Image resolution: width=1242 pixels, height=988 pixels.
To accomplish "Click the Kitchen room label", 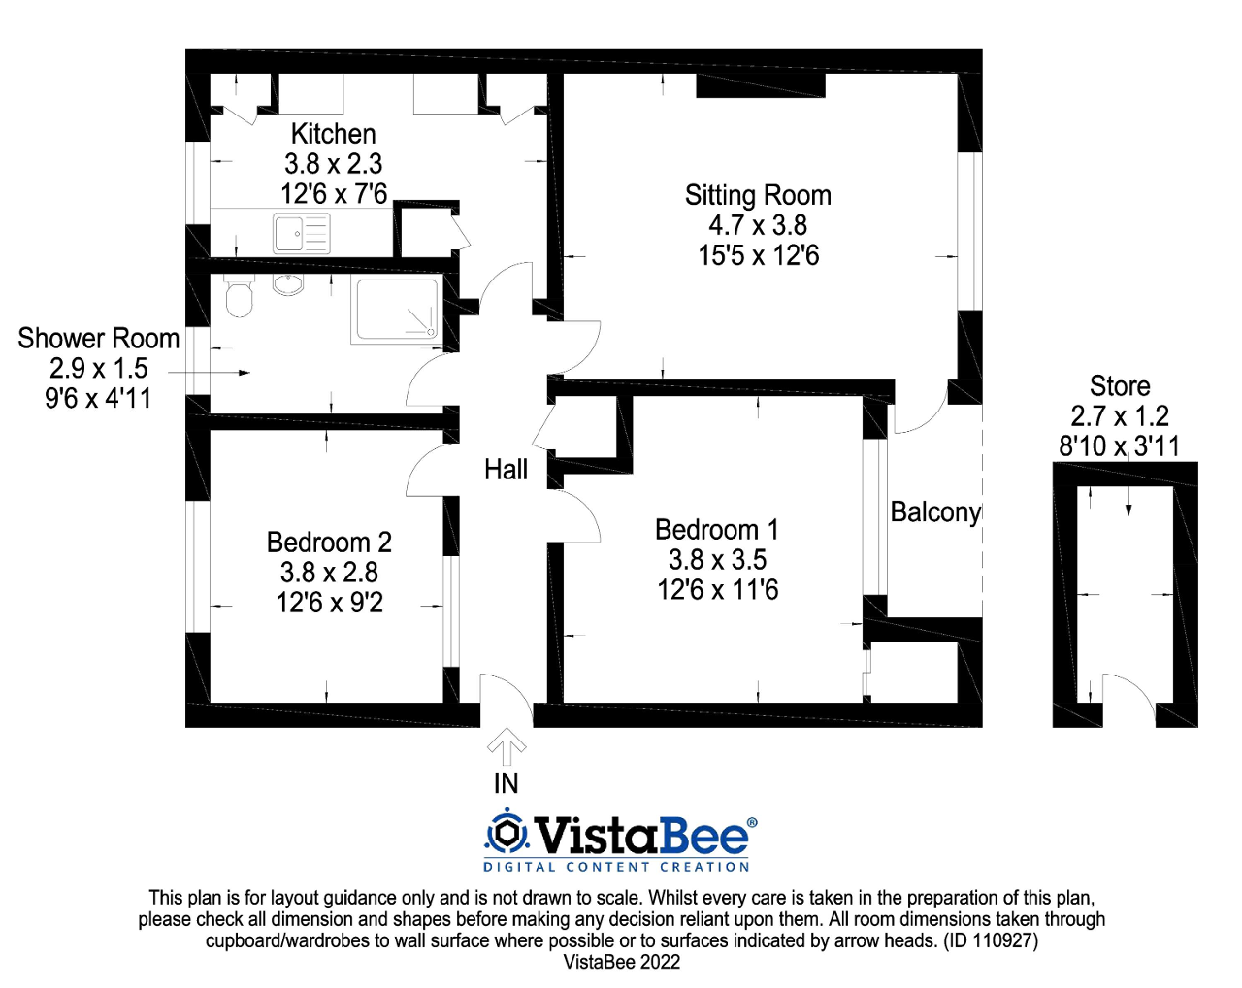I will [333, 134].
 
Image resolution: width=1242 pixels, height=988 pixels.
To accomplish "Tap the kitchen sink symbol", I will [302, 233].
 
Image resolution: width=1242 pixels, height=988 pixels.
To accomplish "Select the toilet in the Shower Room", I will [238, 298].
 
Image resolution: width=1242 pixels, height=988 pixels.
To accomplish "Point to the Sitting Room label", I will [758, 195].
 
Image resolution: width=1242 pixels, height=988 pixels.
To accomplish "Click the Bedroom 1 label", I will [716, 530].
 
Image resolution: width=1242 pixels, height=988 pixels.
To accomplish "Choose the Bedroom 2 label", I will [329, 542].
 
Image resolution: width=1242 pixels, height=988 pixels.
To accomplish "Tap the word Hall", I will [506, 470].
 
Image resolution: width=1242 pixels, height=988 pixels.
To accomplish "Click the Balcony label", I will [935, 511].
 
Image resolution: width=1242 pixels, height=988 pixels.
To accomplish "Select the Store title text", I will [1120, 386].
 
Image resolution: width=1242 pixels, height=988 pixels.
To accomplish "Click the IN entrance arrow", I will [507, 747].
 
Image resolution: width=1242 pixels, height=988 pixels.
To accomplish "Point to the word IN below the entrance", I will [506, 783].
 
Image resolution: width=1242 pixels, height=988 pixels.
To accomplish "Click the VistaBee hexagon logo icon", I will [507, 834].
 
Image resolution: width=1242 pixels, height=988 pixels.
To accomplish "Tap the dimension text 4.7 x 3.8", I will [758, 225].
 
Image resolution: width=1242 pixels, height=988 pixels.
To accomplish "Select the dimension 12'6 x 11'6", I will [717, 590].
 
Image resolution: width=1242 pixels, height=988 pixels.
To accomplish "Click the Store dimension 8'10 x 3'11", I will [1119, 446].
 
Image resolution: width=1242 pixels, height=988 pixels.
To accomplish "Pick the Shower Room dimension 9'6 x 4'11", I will [98, 398].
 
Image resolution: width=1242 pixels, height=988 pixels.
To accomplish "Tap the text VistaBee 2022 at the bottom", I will [621, 962].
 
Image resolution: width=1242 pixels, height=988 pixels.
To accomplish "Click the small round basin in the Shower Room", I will [288, 284].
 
